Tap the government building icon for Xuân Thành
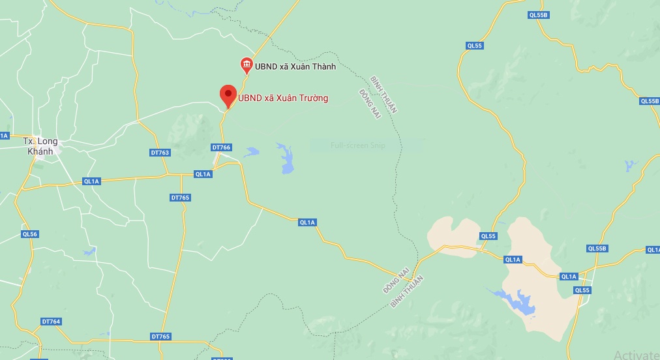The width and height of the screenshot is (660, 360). tap(247, 64)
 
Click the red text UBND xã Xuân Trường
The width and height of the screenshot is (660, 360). tap(283, 98)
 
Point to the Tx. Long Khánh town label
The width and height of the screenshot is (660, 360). tap(40, 146)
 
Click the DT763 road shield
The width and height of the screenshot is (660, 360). tap(160, 153)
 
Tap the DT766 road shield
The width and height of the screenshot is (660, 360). tap(222, 147)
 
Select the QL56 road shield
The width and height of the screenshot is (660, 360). tap(30, 234)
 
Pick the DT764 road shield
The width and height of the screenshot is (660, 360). tap(51, 322)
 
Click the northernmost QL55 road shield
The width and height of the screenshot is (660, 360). tap(474, 45)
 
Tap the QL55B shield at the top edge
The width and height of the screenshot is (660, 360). tap(536, 14)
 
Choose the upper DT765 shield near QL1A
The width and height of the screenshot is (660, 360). tap(180, 197)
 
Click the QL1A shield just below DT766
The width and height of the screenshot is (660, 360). tap(203, 174)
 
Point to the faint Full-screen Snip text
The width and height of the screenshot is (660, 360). tap(357, 145)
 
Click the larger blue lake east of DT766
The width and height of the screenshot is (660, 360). tap(286, 159)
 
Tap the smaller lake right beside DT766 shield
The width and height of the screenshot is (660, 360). tap(251, 152)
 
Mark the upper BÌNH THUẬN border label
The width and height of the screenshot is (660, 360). tap(383, 95)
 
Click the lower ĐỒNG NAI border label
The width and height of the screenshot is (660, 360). tap(396, 279)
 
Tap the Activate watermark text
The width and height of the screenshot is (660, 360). tap(637, 354)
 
